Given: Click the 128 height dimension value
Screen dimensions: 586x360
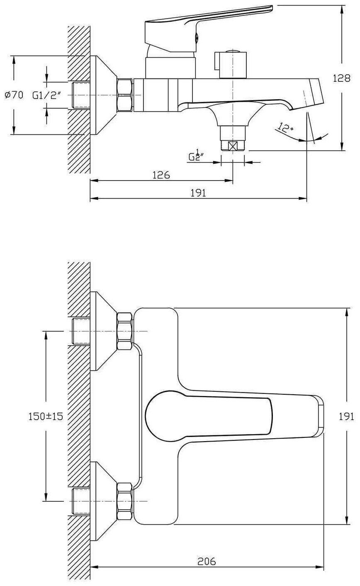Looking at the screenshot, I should pyautogui.click(x=341, y=78).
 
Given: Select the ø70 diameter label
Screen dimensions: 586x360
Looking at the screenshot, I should pyautogui.click(x=14, y=95).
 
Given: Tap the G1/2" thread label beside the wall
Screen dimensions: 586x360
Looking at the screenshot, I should pyautogui.click(x=47, y=95).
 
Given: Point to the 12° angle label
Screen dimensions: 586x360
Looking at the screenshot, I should pyautogui.click(x=285, y=127).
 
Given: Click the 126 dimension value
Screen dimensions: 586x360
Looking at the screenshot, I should pyautogui.click(x=161, y=175).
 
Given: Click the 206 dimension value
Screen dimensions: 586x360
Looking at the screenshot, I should pyautogui.click(x=207, y=562).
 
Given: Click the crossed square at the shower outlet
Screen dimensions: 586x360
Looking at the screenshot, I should pyautogui.click(x=233, y=146).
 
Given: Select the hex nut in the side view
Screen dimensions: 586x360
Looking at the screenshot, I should pyautogui.click(x=125, y=95).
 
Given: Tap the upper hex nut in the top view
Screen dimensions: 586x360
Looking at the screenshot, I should pyautogui.click(x=125, y=331).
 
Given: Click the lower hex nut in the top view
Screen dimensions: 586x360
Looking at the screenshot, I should pyautogui.click(x=125, y=501).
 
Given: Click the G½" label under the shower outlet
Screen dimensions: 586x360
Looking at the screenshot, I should pyautogui.click(x=194, y=156).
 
